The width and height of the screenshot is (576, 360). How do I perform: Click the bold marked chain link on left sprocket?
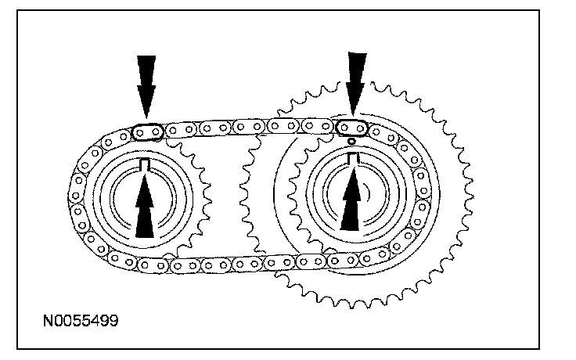[x=146, y=131]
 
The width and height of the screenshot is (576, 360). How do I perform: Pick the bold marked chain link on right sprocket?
[x=352, y=127]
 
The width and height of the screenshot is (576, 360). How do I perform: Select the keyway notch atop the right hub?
[x=353, y=159]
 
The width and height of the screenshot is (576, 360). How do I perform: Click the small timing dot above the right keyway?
[x=353, y=142]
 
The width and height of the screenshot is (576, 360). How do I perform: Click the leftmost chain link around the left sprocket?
[x=77, y=196]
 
